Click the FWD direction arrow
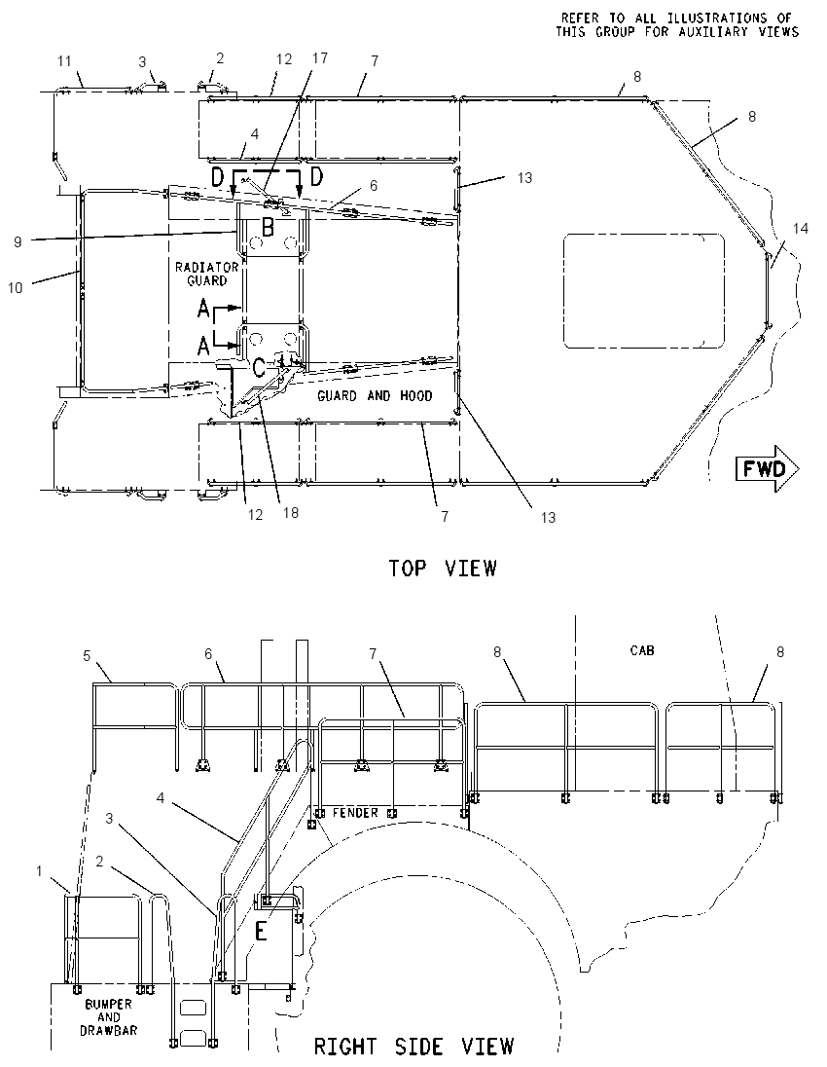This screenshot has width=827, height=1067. click(768, 469)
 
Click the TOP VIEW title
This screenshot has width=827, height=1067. click(443, 569)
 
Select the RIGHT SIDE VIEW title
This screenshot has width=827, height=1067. click(413, 1046)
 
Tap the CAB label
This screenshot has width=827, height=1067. click(642, 650)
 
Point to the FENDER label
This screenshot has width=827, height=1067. click(355, 813)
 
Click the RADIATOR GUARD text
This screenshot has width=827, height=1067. click(206, 274)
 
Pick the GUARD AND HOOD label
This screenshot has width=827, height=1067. click(375, 395)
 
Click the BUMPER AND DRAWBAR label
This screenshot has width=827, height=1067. click(109, 1016)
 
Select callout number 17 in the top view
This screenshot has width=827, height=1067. click(320, 58)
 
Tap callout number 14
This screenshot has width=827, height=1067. click(801, 229)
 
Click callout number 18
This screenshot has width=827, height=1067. click(290, 512)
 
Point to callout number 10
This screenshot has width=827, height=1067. click(15, 288)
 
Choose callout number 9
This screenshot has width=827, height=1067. click(18, 241)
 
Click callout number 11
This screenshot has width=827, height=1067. click(64, 61)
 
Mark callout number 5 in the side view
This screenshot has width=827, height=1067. click(87, 655)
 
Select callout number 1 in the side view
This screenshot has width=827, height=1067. click(40, 871)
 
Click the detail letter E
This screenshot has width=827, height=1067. click(261, 931)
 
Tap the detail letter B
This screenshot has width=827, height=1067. click(268, 227)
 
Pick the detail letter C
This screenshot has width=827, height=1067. click(259, 367)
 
